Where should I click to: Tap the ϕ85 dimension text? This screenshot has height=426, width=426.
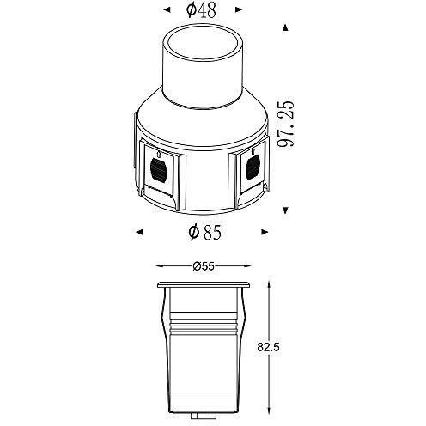pos(204,231)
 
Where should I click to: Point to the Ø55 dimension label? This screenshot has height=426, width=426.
pos(203,266)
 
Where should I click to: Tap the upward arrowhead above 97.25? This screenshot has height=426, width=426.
pos(284,27)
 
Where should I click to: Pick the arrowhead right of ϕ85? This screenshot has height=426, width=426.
pos(265,230)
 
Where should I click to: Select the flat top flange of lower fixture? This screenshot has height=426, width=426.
pos(204,283)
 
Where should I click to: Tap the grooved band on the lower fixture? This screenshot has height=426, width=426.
pos(204,331)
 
